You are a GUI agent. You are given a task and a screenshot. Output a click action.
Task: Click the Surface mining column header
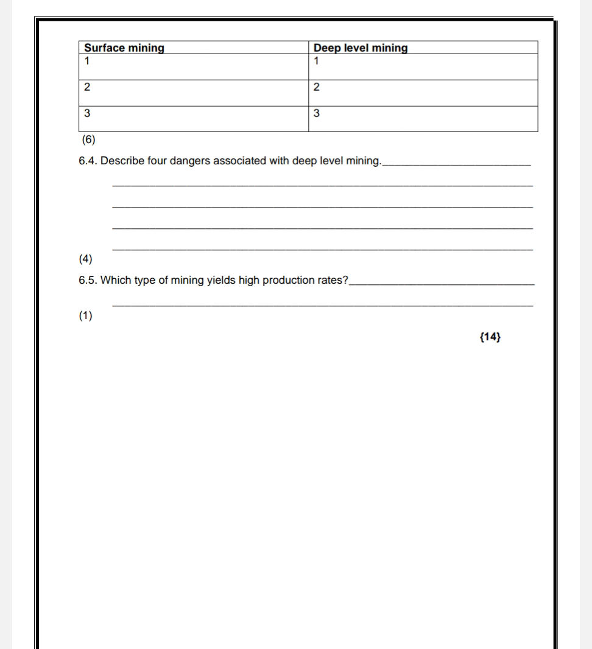[x=124, y=48]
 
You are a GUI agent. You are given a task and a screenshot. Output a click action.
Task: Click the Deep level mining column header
[x=361, y=48]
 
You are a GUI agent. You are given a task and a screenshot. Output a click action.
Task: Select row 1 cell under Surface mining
[x=194, y=67]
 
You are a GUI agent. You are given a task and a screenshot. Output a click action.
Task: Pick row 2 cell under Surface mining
[x=194, y=93]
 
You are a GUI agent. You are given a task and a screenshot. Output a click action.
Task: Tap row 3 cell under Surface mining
[x=194, y=119]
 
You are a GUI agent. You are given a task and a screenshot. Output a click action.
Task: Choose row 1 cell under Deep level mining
[x=423, y=67]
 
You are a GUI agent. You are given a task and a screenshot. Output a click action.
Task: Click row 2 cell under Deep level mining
[x=423, y=93]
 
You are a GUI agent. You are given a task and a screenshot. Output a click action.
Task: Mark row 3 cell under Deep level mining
[x=423, y=119]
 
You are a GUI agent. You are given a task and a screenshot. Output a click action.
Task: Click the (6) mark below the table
[x=89, y=139]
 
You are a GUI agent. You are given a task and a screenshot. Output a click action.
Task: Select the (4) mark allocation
[x=85, y=259]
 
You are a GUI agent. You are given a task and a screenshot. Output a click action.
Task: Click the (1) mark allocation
[x=85, y=315]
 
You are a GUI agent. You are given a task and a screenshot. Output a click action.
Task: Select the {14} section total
[x=490, y=337]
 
